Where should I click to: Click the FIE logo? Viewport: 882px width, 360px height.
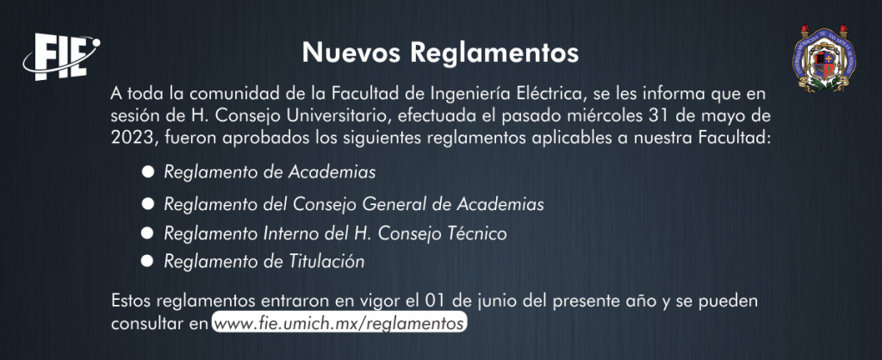pos(61,56)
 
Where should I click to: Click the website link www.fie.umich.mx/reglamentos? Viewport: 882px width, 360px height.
pos(339,324)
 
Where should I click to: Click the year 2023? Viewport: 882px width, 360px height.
pos(129,139)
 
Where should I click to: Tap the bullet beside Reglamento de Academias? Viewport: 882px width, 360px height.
pos(148,171)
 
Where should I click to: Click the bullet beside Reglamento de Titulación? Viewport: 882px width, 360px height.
pos(148,260)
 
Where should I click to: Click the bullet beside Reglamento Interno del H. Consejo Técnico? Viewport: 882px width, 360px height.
pos(148,232)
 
